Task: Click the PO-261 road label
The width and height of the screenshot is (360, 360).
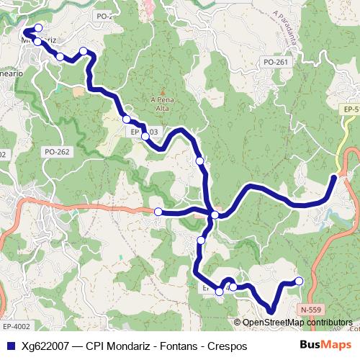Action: (276, 63)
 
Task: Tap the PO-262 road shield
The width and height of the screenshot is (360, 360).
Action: (57, 152)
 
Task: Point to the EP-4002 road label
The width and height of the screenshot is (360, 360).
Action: (16, 326)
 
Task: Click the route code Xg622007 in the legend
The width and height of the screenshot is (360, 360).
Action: (45, 346)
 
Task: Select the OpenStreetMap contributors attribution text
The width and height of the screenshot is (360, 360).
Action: (297, 323)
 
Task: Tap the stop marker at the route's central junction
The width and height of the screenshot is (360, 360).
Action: (214, 215)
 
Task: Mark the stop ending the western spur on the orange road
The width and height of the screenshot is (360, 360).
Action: (158, 212)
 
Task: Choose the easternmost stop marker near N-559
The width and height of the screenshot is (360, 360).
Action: (300, 281)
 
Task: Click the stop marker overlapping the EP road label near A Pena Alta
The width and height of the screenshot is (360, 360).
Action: (145, 135)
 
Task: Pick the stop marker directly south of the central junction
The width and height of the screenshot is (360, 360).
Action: (202, 240)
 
